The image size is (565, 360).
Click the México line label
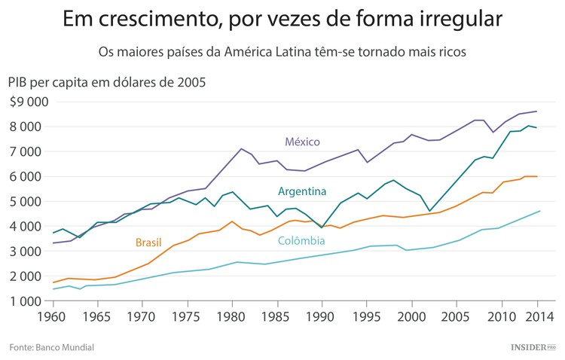pos(302,142)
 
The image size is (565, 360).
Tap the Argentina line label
pos(301,191)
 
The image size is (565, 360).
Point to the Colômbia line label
pos(301,241)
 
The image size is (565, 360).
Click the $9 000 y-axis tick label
pos(29,102)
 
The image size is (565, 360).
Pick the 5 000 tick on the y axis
pos(33,201)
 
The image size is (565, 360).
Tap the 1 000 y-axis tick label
pos(33,301)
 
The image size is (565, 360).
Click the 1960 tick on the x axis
pos(53,316)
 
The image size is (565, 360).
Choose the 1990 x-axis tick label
pos(322,316)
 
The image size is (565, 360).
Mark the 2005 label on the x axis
pos(457,316)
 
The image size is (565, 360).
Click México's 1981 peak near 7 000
pos(241,149)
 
